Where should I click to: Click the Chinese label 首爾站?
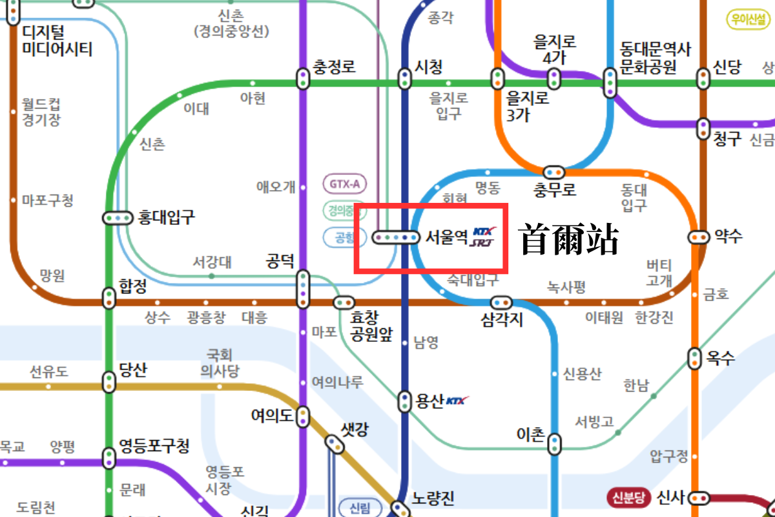click(570, 240)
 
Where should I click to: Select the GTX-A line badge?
click(345, 184)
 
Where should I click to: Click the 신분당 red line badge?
click(626, 498)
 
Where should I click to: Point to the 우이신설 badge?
click(749, 19)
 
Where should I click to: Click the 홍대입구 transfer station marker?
click(117, 218)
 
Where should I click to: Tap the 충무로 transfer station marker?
click(553, 172)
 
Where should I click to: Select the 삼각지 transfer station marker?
click(501, 302)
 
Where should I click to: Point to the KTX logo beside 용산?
click(457, 401)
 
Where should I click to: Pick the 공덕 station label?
click(280, 261)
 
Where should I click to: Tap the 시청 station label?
click(428, 67)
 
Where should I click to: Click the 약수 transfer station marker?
click(697, 237)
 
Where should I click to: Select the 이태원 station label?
click(604, 317)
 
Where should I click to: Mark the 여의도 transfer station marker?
click(303, 416)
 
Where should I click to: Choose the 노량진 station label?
click(433, 498)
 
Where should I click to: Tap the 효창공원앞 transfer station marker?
click(344, 302)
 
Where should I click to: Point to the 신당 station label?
click(727, 67)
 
